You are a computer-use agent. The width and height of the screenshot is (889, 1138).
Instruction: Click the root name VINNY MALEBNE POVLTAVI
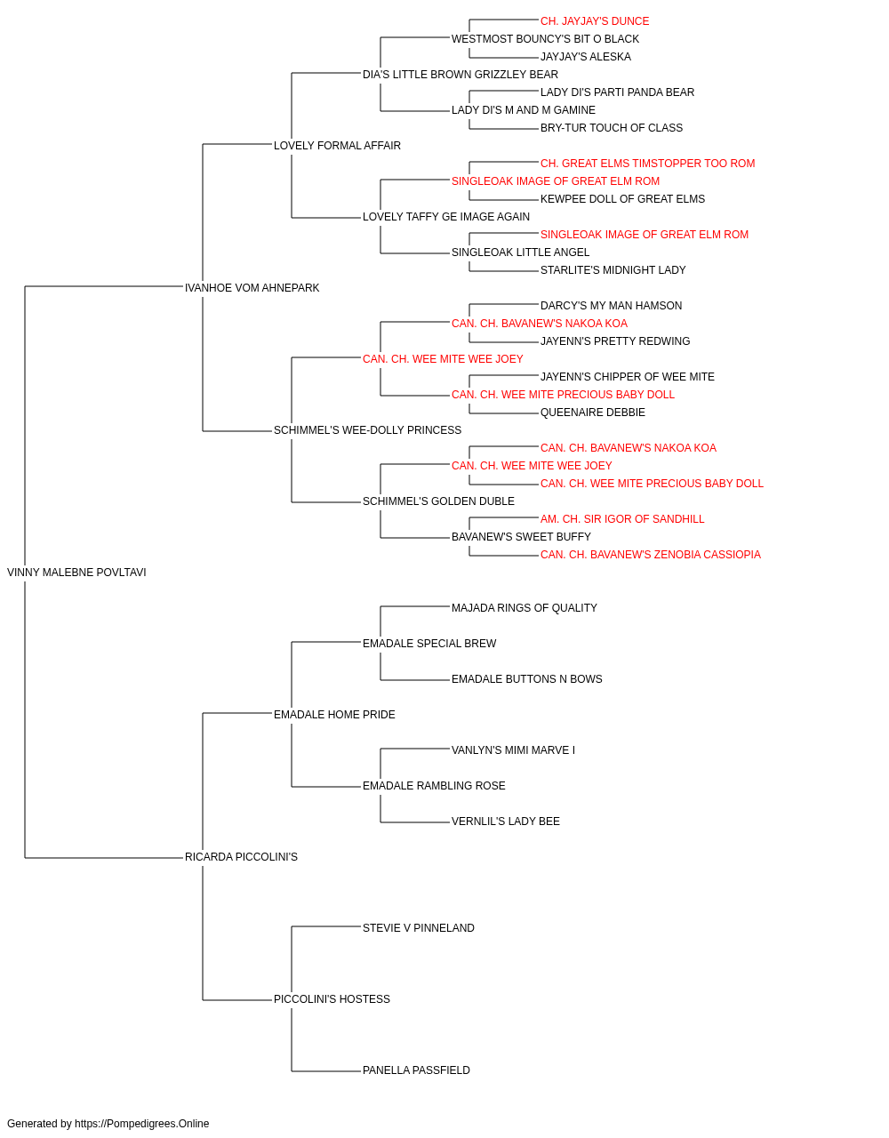[x=76, y=573]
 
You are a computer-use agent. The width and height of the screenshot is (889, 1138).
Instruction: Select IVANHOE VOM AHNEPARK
[x=252, y=288]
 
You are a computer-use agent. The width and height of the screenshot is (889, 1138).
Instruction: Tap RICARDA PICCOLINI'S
[x=241, y=857]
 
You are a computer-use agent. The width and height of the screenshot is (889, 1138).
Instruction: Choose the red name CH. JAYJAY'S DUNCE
[x=594, y=21]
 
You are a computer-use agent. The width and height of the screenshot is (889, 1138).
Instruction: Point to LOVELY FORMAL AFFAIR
[x=337, y=146]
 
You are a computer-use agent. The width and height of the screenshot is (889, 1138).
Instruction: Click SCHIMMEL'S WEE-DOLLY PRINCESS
[x=367, y=430]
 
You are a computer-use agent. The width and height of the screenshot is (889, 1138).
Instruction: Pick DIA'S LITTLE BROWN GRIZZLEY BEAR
[x=461, y=75]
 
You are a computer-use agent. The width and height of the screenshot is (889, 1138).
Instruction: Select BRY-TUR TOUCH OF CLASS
[x=612, y=128]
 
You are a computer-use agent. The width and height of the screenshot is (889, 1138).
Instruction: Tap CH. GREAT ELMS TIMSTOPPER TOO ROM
[x=648, y=164]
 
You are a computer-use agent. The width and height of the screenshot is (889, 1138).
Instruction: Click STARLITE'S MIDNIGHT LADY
[x=613, y=270]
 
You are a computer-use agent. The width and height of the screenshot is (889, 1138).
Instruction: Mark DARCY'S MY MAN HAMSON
[x=611, y=306]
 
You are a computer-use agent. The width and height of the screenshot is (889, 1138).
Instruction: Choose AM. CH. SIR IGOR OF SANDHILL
[x=622, y=519]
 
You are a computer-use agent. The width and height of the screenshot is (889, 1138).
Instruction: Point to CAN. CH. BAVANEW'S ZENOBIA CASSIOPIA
[x=650, y=555]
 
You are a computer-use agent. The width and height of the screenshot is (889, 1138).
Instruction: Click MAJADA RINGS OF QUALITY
[x=525, y=608]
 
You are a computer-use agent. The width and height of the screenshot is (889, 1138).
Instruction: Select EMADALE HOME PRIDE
[x=334, y=715]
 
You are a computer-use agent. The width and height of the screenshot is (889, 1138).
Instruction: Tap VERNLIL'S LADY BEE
[x=506, y=821]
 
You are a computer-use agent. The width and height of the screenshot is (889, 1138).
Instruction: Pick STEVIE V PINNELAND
[x=419, y=928]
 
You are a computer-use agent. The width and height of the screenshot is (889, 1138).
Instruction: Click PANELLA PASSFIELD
[x=416, y=1070]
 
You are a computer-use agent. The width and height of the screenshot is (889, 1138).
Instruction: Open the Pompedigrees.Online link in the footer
[x=142, y=1124]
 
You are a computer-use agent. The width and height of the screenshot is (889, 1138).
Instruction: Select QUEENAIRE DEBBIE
[x=593, y=413]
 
